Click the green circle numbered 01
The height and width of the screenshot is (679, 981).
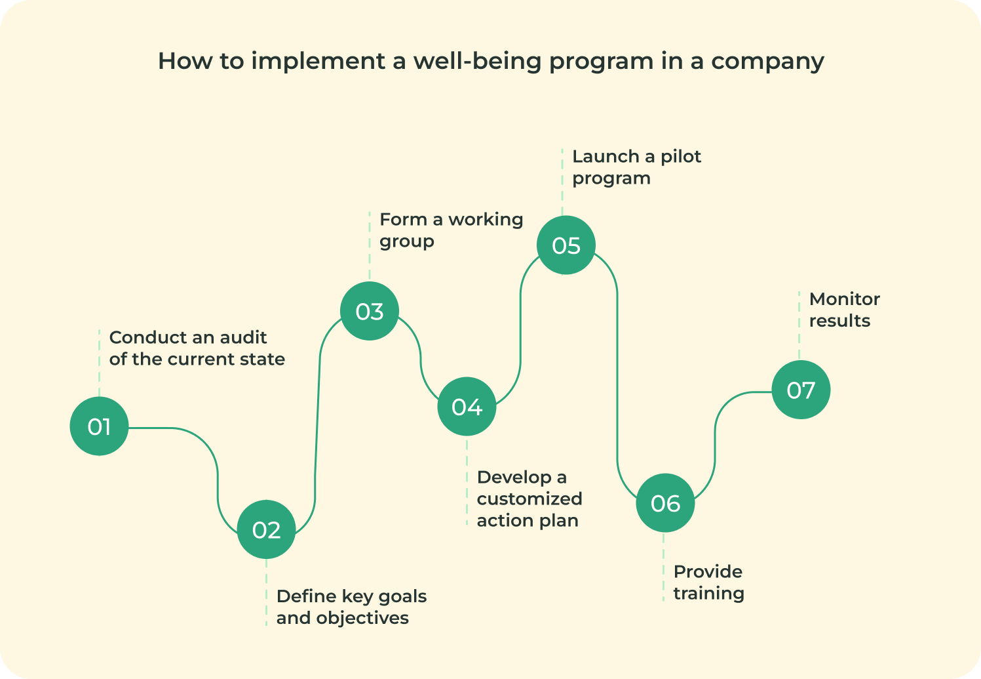coord(99,426)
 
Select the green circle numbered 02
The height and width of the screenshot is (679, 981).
coord(266,529)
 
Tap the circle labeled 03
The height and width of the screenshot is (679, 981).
coord(370,311)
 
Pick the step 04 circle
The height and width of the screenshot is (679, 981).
coord(467,406)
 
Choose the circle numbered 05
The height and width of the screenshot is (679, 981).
coord(566,245)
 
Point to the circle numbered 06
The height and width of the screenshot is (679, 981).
coord(665,503)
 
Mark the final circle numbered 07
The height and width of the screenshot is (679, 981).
coord(801,390)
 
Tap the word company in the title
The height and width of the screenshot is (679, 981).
coord(768,62)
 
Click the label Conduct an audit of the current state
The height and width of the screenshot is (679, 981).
coord(197,348)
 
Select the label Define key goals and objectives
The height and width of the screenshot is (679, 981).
coord(351,607)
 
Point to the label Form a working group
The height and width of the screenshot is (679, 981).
coord(451,230)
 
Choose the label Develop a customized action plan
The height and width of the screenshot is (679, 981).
coord(529,499)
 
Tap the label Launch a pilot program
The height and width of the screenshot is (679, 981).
coord(637,167)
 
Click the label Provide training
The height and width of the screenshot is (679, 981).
coord(708,582)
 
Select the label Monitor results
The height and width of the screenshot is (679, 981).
coord(844,310)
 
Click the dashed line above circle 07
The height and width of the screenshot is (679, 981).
coord(799,325)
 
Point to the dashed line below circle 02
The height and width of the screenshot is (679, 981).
coord(266,592)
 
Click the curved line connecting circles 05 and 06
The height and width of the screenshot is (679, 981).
coord(617,377)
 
